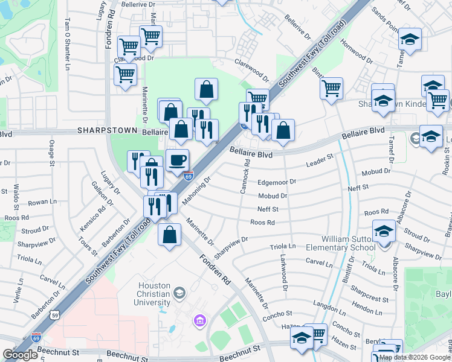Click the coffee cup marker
coord(177,160)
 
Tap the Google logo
coord(21,355)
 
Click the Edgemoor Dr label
coord(277,181)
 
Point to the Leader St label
coord(320,160)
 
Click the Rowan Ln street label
coord(42,202)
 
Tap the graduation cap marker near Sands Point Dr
coord(410,40)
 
